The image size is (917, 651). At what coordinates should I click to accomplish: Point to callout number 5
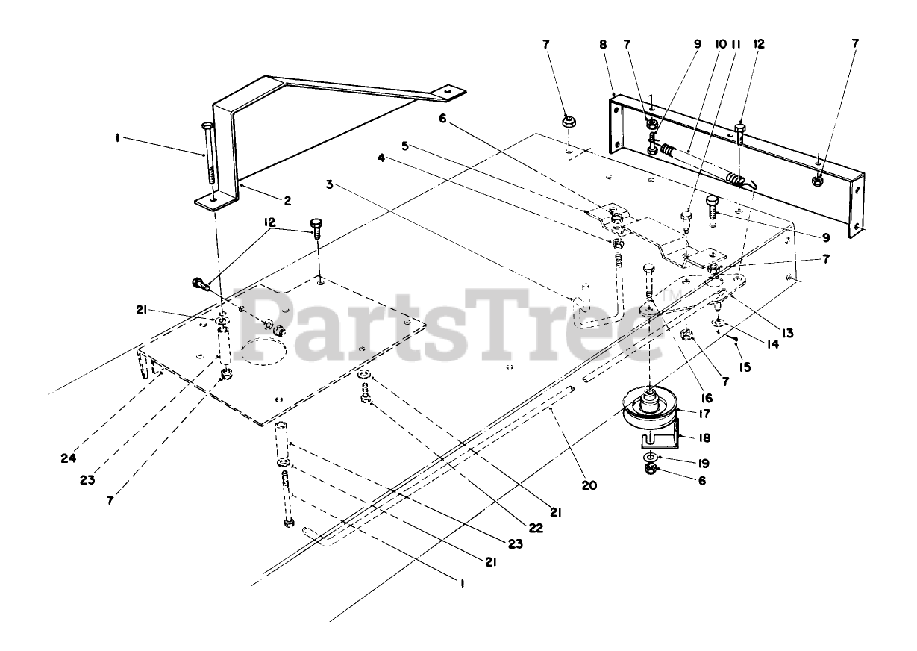pos(405,146)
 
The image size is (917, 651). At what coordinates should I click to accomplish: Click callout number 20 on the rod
pos(589,485)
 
